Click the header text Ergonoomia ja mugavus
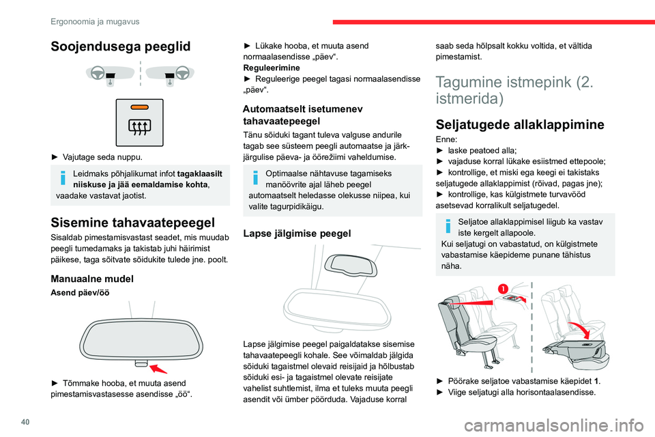(x=95, y=21)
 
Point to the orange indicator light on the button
(x=140, y=107)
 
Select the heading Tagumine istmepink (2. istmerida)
(x=514, y=89)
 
